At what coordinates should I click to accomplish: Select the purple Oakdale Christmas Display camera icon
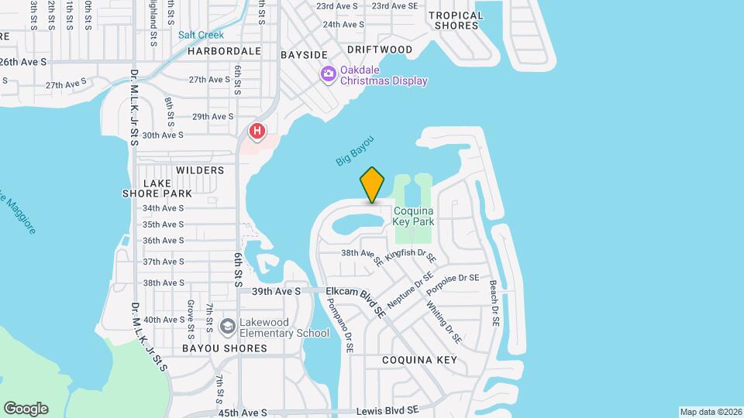pyautogui.click(x=328, y=74)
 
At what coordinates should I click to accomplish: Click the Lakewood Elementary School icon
pyautogui.click(x=227, y=325)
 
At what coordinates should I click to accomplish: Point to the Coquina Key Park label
pyautogui.click(x=413, y=216)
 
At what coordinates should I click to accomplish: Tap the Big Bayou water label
pyautogui.click(x=355, y=150)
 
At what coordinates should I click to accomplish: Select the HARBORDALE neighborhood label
pyautogui.click(x=224, y=51)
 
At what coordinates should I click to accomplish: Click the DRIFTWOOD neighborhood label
pyautogui.click(x=379, y=50)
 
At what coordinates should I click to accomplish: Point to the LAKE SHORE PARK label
pyautogui.click(x=157, y=188)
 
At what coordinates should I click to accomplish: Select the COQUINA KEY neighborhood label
pyautogui.click(x=419, y=360)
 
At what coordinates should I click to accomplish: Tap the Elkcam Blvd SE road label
pyautogui.click(x=356, y=300)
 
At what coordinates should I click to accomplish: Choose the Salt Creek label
pyautogui.click(x=201, y=35)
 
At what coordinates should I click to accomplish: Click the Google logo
pyautogui.click(x=26, y=409)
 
